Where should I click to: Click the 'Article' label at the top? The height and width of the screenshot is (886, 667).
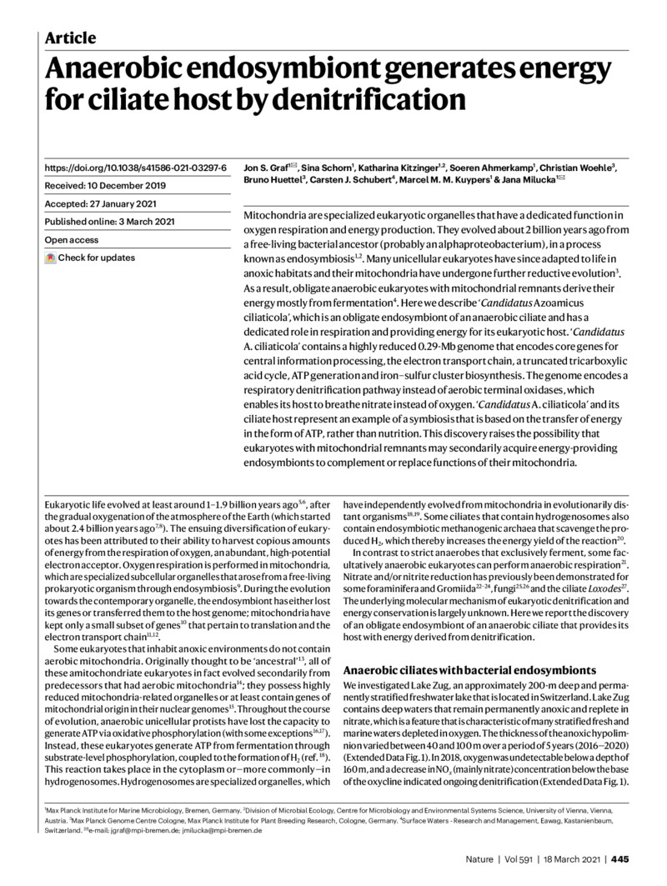70,38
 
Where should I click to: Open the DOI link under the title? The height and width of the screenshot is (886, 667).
136,145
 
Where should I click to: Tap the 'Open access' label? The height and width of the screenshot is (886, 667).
73,240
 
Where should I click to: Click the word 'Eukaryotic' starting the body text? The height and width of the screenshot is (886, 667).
66,505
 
